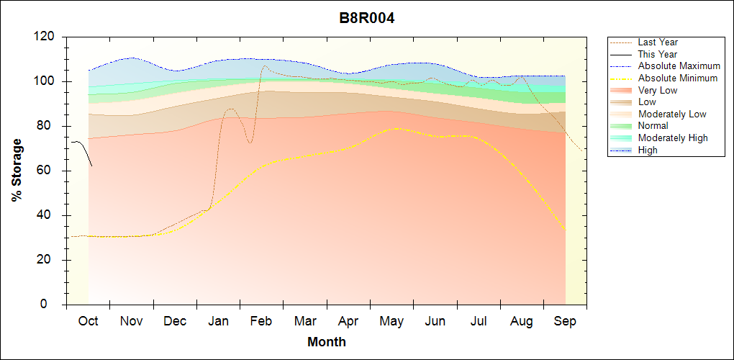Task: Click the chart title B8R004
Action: (367, 18)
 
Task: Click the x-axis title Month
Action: (326, 341)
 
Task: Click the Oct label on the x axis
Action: (88, 321)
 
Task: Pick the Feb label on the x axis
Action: (260, 321)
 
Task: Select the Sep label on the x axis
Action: (565, 321)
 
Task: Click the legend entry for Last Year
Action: (658, 42)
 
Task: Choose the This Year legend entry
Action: (658, 54)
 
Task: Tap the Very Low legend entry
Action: (658, 90)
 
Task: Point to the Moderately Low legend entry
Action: (672, 114)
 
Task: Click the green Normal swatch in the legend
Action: (622, 126)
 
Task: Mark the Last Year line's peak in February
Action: (264, 66)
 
